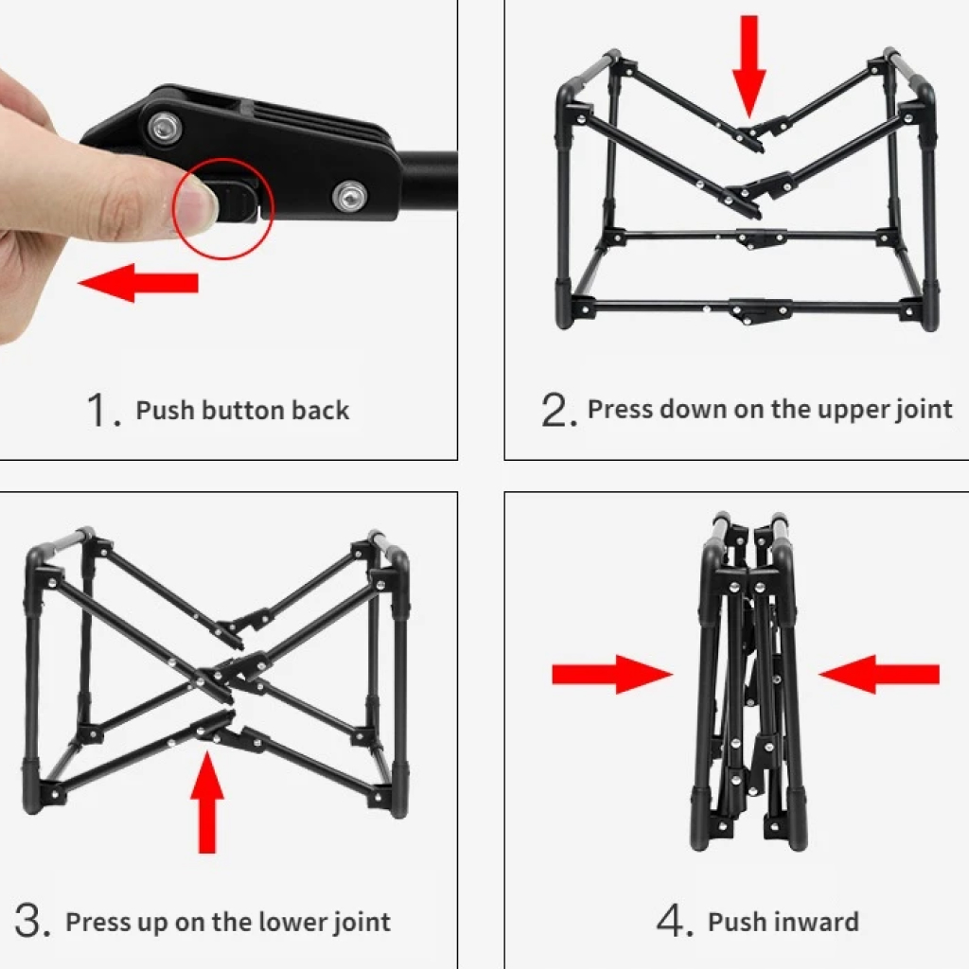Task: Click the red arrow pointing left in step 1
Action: [x=138, y=283]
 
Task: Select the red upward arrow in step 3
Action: [x=207, y=802]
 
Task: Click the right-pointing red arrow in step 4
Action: [x=612, y=674]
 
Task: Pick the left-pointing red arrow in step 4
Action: [x=879, y=674]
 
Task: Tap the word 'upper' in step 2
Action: [x=855, y=410]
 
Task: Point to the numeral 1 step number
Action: [x=98, y=410]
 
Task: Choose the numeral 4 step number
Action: [x=673, y=921]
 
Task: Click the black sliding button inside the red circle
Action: [x=237, y=201]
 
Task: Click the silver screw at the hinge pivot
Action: [x=165, y=128]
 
